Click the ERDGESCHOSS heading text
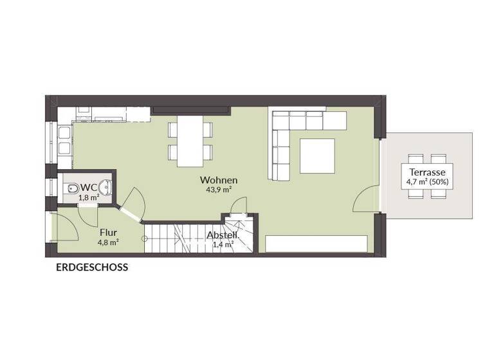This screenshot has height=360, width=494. tap(91, 267)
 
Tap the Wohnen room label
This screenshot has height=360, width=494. tap(219, 180)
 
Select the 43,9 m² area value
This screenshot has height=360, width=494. tap(219, 190)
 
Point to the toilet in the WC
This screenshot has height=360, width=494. tap(72, 188)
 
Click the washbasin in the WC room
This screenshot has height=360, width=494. tap(106, 188)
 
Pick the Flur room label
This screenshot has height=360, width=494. tap(108, 233)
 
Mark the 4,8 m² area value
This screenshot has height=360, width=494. tap(108, 243)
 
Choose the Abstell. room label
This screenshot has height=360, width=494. tap(223, 235)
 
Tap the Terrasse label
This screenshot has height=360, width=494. tap(426, 172)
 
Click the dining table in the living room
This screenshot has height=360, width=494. tap(190, 141)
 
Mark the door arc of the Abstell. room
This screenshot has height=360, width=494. tap(238, 204)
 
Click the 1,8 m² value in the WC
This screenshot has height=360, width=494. tap(89, 197)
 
